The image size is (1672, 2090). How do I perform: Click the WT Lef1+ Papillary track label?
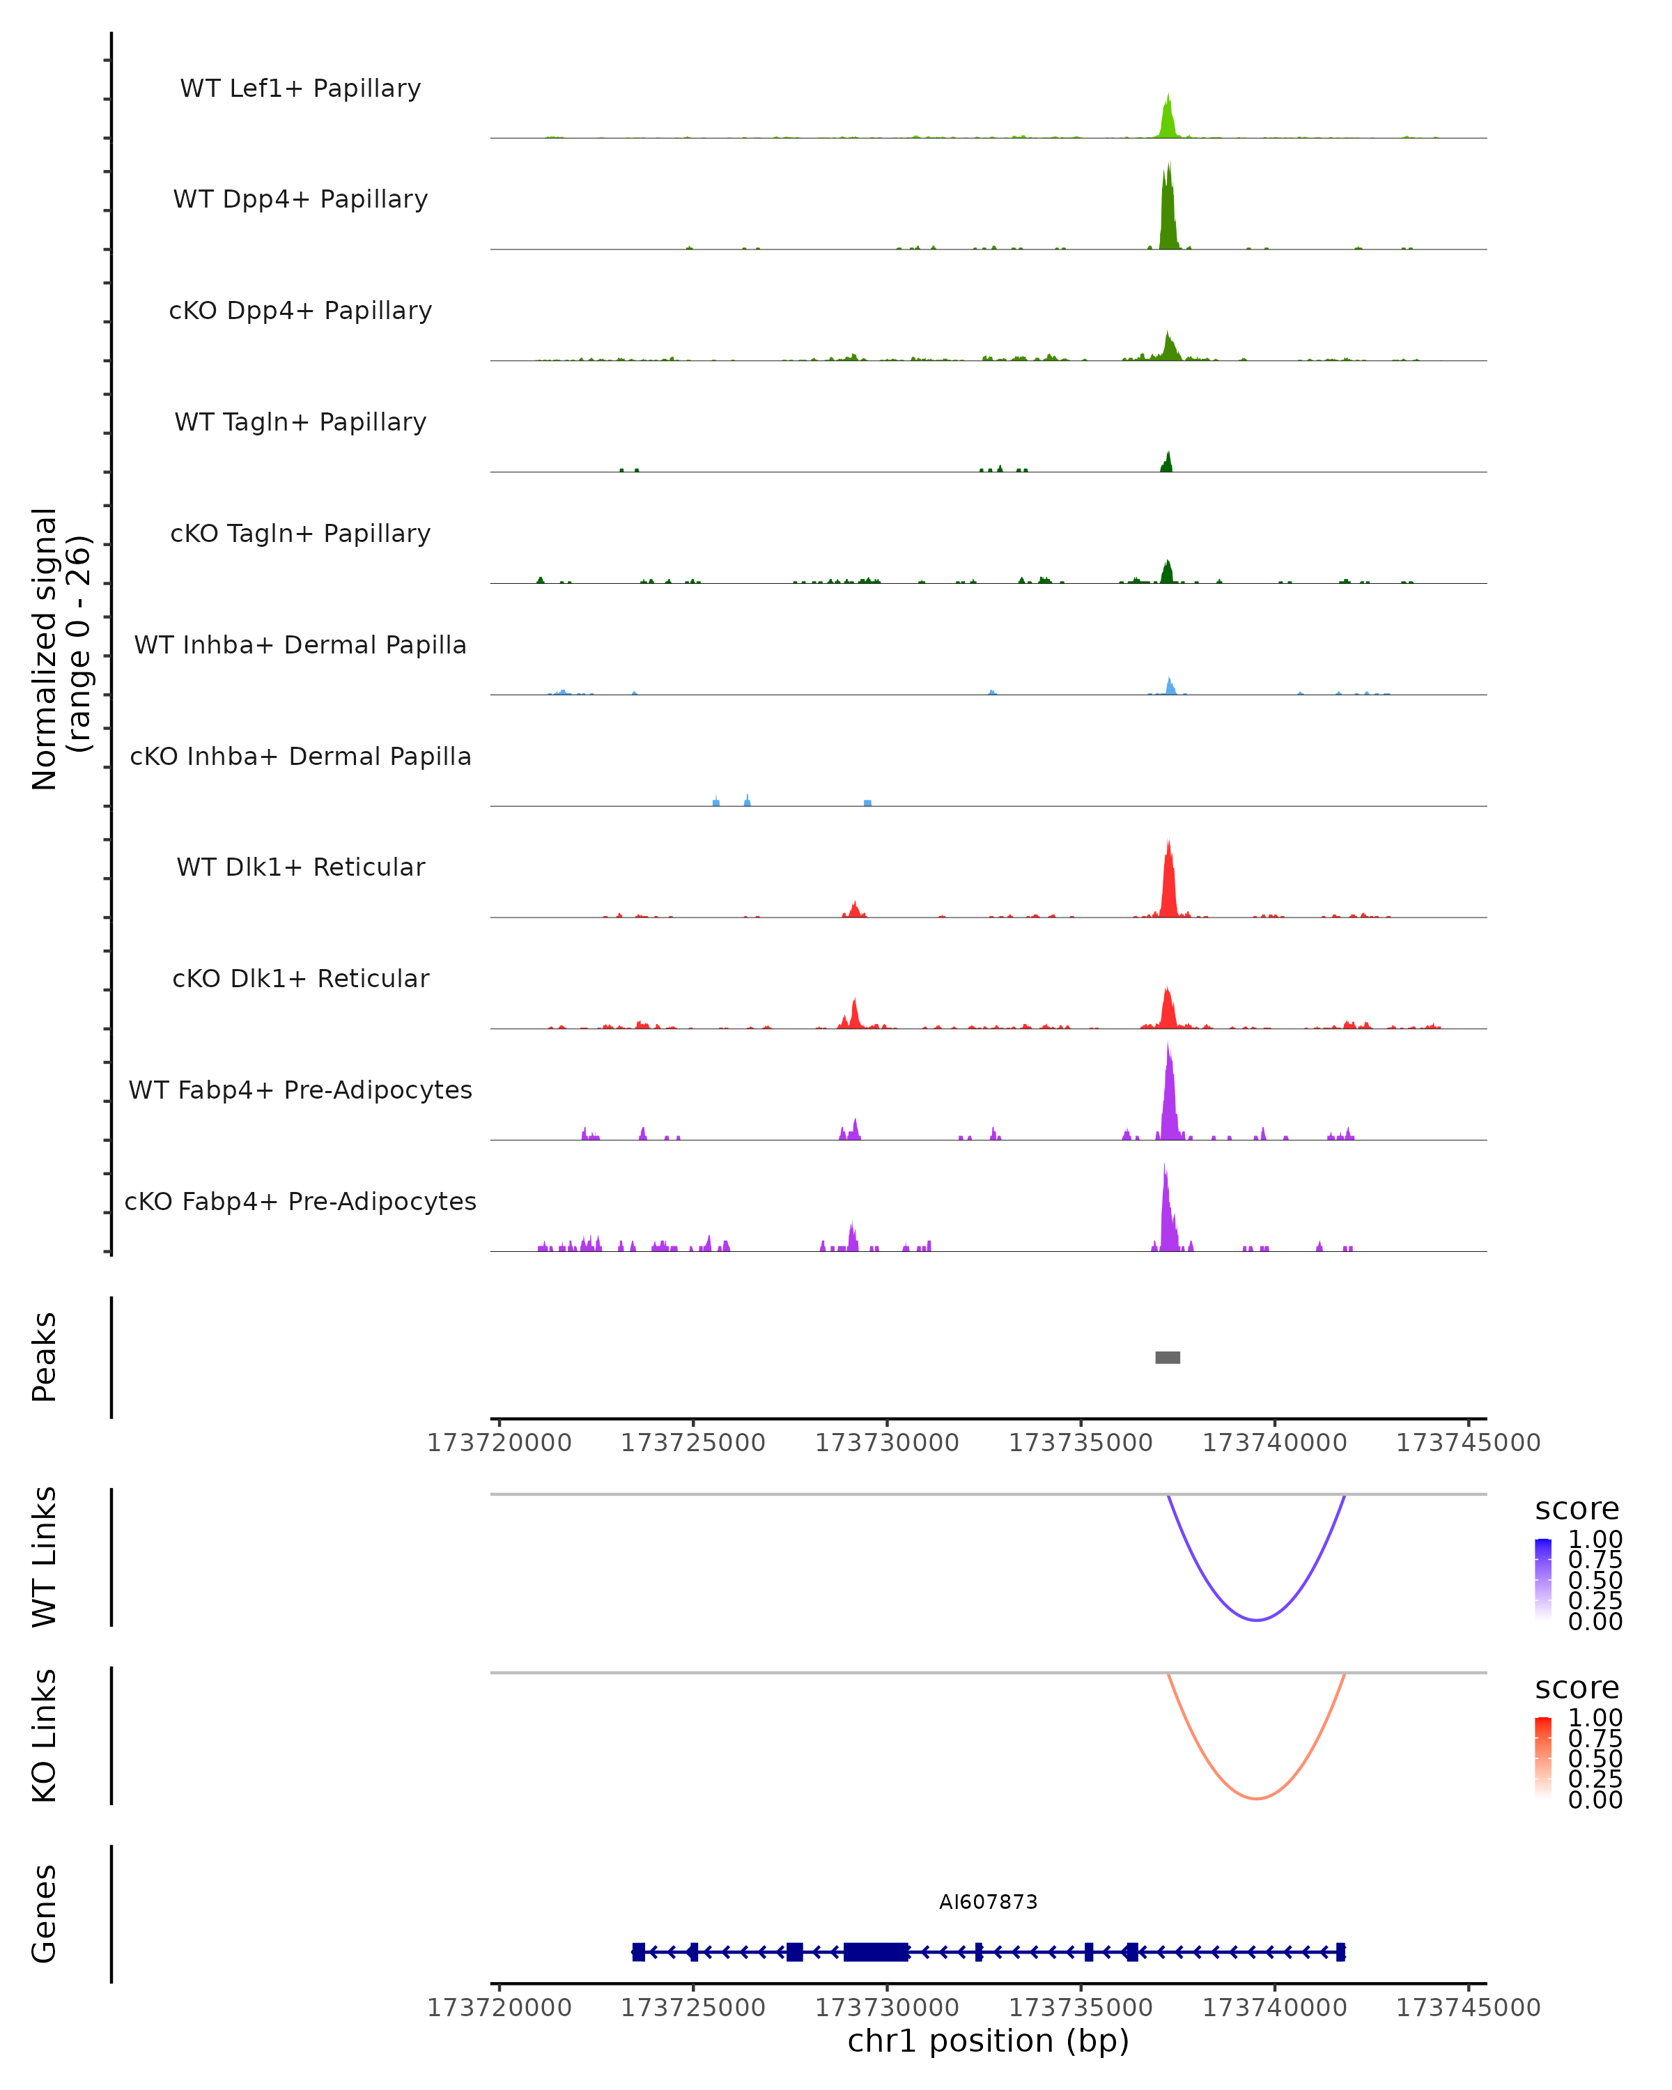[x=300, y=88]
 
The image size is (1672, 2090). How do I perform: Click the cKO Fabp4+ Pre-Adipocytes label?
[x=300, y=1201]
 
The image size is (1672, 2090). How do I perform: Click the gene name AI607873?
[x=988, y=1902]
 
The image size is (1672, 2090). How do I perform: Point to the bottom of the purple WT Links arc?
[x=1255, y=1619]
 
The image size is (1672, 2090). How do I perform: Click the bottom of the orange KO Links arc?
[x=1255, y=1798]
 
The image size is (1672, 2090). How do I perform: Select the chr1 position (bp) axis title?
[x=988, y=2041]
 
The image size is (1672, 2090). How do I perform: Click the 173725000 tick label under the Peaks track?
[x=693, y=1443]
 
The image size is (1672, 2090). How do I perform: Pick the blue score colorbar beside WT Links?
[x=1543, y=1579]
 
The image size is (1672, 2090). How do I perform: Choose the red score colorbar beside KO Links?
[x=1543, y=1758]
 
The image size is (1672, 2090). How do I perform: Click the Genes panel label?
[x=44, y=1914]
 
